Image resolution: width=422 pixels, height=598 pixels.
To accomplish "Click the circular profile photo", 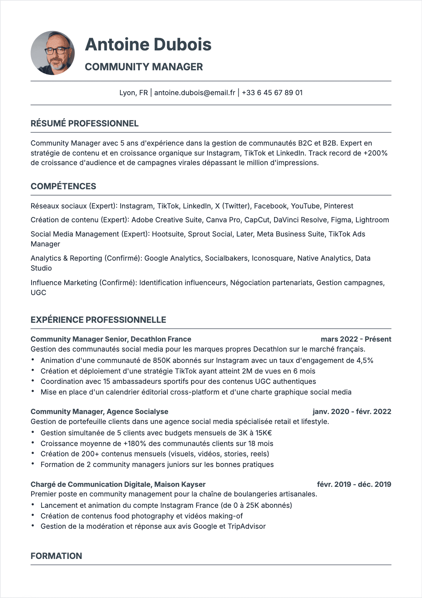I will point(53,53).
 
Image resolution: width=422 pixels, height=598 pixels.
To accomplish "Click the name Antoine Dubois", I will point(148,45).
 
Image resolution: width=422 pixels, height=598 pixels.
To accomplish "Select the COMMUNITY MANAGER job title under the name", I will point(144,67).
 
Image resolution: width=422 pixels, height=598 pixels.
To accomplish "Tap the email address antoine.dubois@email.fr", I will point(195,93).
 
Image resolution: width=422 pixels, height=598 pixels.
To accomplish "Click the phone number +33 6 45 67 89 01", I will point(272,93).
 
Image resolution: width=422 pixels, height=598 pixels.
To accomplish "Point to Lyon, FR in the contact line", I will point(133,93).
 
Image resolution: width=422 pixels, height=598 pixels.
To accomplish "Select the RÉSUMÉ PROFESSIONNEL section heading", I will point(84,124).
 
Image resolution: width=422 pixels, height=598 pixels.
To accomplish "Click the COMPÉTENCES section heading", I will point(63,186).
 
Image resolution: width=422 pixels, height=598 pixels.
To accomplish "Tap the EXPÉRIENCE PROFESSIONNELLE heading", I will point(98,320).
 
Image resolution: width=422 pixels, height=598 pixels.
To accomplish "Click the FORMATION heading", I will point(56,556).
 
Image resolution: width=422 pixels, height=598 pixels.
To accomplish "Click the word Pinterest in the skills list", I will point(338,206).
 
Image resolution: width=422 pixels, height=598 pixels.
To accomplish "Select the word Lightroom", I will point(372,220).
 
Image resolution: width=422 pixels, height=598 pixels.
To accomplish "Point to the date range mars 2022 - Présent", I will point(356,339).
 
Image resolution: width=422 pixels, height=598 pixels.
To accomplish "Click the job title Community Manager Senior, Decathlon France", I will point(111,339).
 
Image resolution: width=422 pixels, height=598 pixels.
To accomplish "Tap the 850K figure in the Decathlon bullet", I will point(162,360).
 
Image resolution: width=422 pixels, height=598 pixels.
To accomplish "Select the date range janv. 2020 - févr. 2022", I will point(352,412).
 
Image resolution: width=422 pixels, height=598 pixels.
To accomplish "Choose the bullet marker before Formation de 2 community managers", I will point(33,464).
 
